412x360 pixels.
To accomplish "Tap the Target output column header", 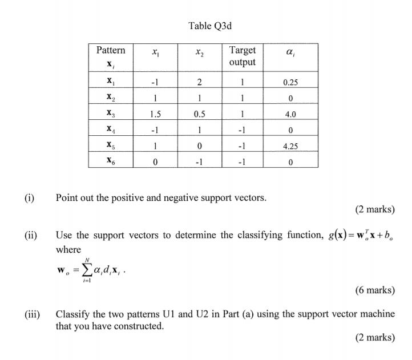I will coord(243,56).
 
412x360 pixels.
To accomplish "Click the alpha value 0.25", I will coord(290,82).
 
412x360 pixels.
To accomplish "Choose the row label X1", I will coord(111,82).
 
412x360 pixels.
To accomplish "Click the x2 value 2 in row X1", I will coord(199,82).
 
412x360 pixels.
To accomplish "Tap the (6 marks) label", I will coord(374,290).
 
